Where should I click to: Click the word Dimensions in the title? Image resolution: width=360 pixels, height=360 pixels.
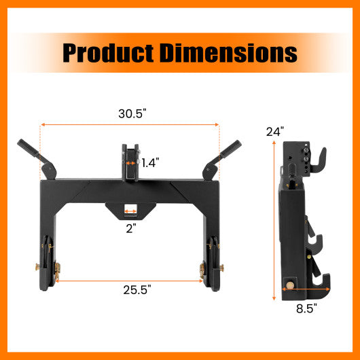click(230, 52)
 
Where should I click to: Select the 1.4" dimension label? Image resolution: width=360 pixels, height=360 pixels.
click(151, 163)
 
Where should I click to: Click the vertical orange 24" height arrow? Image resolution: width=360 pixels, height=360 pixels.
click(274, 217)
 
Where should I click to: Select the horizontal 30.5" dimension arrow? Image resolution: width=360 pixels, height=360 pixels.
click(129, 124)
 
